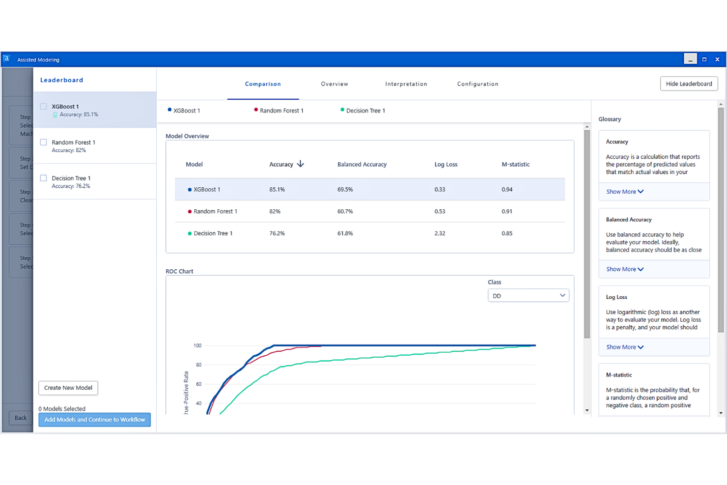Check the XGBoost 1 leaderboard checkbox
(x=44, y=107)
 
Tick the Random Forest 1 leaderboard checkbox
(x=44, y=143)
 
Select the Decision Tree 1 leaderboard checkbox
(x=44, y=178)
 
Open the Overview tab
(x=335, y=84)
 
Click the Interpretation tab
(x=406, y=84)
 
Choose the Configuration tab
(x=477, y=84)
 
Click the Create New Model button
(x=68, y=388)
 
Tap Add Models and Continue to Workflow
(x=95, y=420)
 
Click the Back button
(x=21, y=418)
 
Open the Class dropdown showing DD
(x=528, y=296)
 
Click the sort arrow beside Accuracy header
(x=301, y=164)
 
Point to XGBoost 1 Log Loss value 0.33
(x=440, y=190)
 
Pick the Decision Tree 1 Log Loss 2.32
(x=440, y=233)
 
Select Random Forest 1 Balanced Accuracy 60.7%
(x=345, y=211)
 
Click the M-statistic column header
(x=515, y=165)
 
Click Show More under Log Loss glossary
(x=624, y=347)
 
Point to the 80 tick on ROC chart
(x=198, y=365)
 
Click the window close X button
(x=717, y=59)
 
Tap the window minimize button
(x=690, y=59)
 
